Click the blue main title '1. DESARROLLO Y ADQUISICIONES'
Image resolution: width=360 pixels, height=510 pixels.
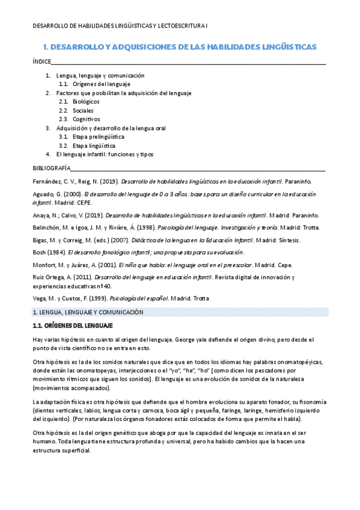[180, 46]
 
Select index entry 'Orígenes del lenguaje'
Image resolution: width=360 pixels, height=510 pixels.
[105, 84]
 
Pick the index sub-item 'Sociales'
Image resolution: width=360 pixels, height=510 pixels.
[84, 111]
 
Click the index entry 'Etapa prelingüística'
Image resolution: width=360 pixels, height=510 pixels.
[99, 137]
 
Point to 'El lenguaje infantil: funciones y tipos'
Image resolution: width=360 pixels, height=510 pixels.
[105, 154]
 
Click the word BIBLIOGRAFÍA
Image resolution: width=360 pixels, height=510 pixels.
[51, 168]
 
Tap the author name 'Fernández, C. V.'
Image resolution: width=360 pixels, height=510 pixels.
[55, 180]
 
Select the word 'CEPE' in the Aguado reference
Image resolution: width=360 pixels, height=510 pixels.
[81, 203]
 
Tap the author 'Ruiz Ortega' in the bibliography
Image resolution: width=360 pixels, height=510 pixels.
[49, 277]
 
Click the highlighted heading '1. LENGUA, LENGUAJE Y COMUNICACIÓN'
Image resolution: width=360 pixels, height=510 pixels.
[88, 312]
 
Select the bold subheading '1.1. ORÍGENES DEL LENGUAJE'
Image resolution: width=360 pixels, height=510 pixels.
[72, 325]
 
